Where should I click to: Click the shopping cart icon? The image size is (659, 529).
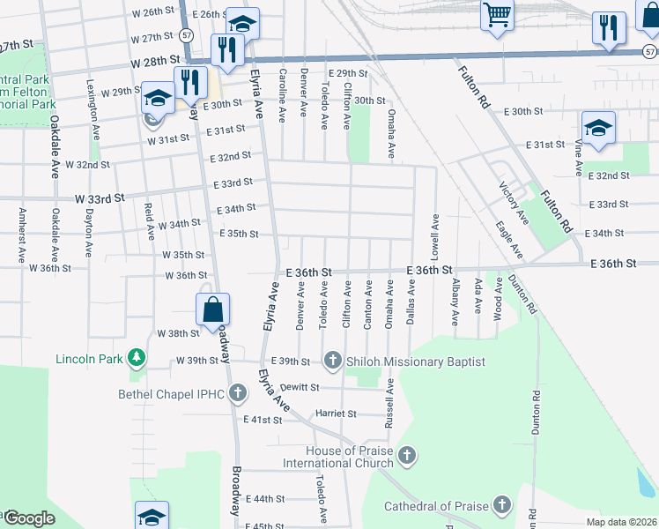click(x=497, y=15)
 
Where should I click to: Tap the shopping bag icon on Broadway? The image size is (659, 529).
click(x=212, y=309)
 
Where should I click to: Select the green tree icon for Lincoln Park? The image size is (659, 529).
click(x=136, y=358)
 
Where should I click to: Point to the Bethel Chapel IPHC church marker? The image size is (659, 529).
click(x=236, y=392)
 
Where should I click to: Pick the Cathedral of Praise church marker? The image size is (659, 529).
click(x=501, y=505)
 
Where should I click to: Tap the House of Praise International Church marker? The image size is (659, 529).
click(x=406, y=455)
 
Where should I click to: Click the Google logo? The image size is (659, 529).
click(x=28, y=518)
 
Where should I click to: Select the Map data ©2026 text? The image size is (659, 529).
click(x=622, y=522)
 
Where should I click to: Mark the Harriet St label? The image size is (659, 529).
click(x=336, y=413)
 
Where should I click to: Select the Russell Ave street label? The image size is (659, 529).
click(x=389, y=404)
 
